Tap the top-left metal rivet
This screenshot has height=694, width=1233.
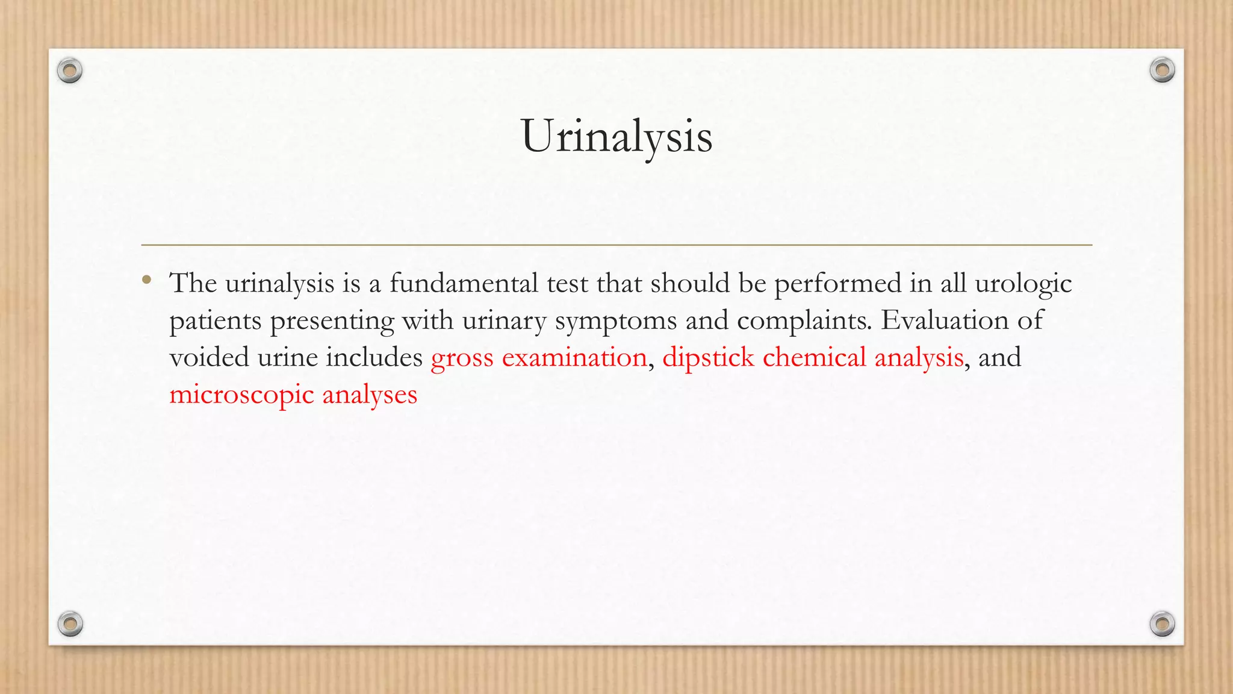70,71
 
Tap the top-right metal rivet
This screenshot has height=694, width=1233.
1162,70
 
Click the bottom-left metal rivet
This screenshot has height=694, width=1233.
70,624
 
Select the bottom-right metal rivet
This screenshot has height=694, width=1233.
1162,624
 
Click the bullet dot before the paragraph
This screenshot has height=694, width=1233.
147,280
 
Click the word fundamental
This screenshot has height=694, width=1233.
464,283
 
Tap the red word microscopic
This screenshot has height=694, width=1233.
241,396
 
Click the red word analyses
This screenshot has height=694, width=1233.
370,396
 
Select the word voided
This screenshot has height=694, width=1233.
209,358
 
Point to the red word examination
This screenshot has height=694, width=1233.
574,358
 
